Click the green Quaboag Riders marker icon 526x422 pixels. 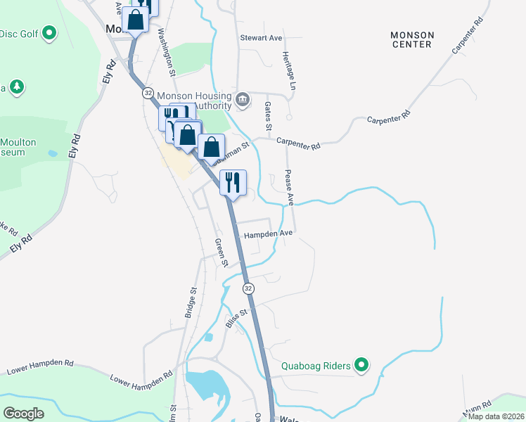(361, 364)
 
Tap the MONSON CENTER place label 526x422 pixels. (413, 39)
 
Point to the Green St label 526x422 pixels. (221, 252)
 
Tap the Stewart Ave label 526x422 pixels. (260, 37)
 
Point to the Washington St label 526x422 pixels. (166, 52)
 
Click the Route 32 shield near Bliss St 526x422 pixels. (248, 288)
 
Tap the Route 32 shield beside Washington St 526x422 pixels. (147, 93)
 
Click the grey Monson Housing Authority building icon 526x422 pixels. (243, 98)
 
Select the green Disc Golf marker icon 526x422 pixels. (49, 32)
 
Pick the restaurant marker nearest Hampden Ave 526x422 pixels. (232, 182)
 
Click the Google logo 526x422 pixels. (24, 414)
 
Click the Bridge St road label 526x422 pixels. (190, 302)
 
